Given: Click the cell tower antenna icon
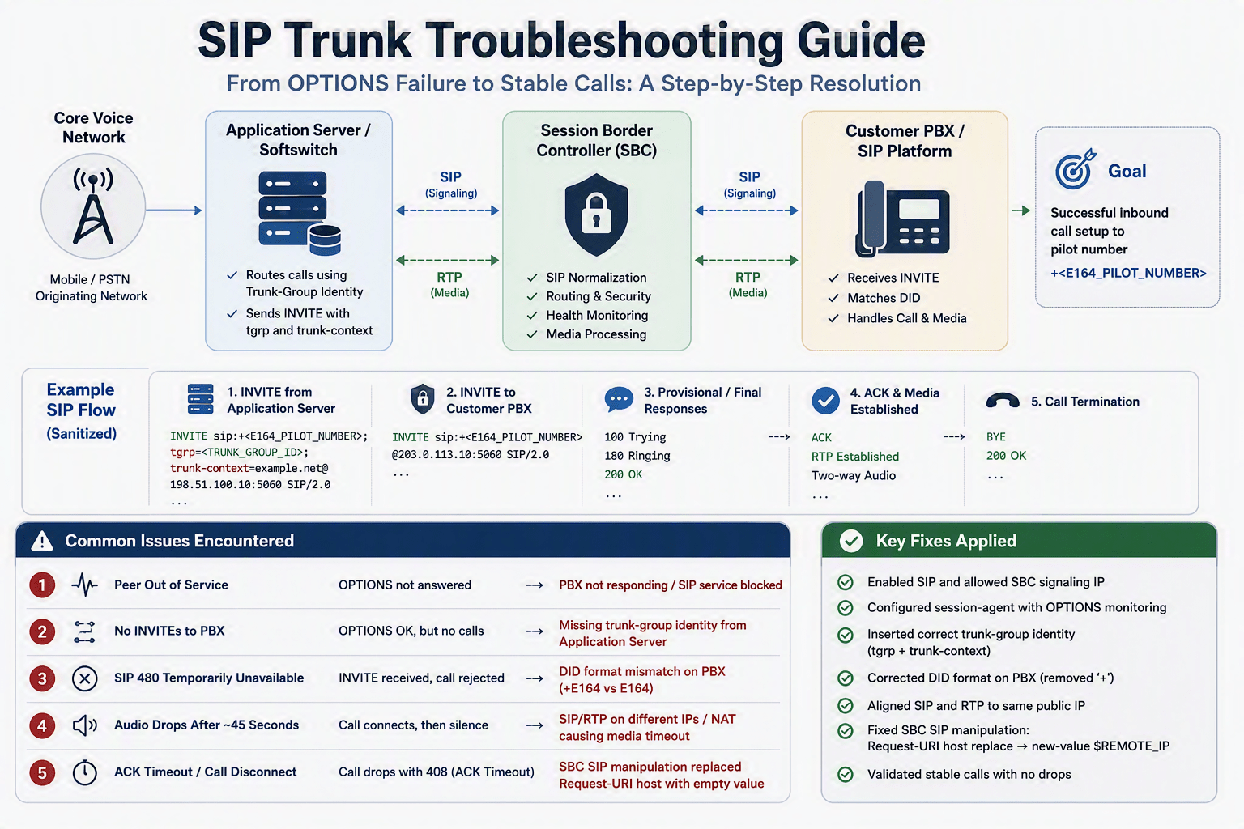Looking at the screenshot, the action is pyautogui.click(x=93, y=206).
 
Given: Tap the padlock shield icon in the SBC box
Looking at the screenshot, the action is pyautogui.click(x=596, y=215).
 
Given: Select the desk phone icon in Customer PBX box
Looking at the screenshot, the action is pyautogui.click(x=902, y=219).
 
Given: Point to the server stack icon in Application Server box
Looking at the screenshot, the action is pyautogui.click(x=300, y=213).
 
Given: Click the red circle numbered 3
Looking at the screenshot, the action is pyautogui.click(x=42, y=678).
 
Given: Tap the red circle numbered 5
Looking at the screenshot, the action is pyautogui.click(x=42, y=772).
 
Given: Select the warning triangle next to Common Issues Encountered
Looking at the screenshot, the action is pyautogui.click(x=42, y=540).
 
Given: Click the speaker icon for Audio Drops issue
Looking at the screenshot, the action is pyautogui.click(x=85, y=725).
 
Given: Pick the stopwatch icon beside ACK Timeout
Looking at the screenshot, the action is pyautogui.click(x=85, y=772).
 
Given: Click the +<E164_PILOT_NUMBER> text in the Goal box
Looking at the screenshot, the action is pyautogui.click(x=1128, y=273).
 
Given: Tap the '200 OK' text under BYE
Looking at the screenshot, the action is pyautogui.click(x=1007, y=456).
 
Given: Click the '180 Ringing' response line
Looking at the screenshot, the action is pyautogui.click(x=637, y=456).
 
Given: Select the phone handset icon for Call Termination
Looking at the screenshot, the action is pyautogui.click(x=1003, y=401).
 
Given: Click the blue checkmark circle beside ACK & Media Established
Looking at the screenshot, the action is pyautogui.click(x=826, y=401).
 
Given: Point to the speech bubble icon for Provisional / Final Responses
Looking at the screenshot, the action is pyautogui.click(x=619, y=400).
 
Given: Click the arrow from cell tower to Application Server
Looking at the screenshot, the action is pyautogui.click(x=174, y=210).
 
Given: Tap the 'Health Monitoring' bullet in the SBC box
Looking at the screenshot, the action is pyautogui.click(x=597, y=316).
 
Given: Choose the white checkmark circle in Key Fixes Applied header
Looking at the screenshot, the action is pyautogui.click(x=851, y=540).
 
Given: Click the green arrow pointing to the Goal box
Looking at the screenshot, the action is pyautogui.click(x=1020, y=210).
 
